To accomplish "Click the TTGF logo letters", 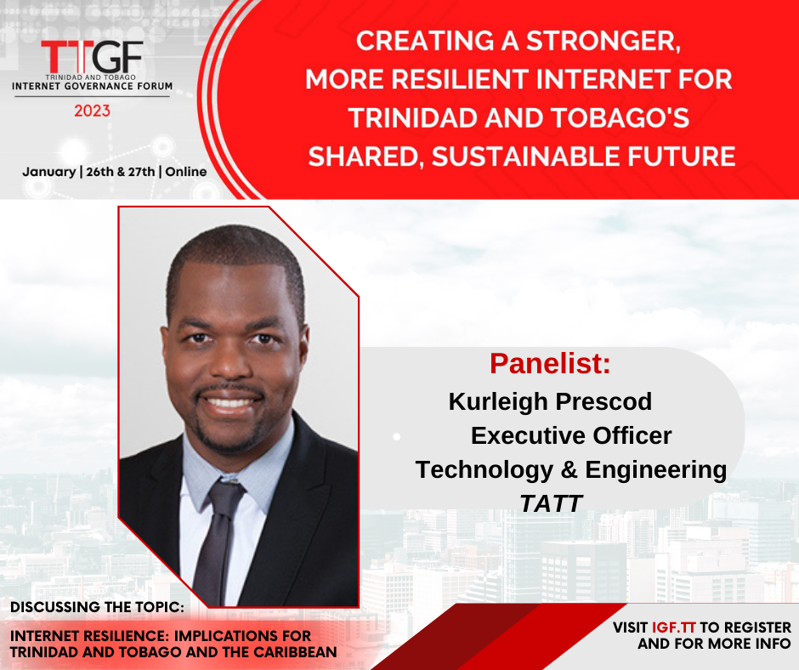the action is click(92, 57).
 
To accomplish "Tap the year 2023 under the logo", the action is click(93, 111).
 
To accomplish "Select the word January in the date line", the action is click(49, 172).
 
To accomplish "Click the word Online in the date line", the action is click(186, 172).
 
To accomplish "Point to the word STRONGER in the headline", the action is click(603, 41).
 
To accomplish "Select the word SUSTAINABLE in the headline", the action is click(526, 156).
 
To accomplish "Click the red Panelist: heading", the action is click(550, 363).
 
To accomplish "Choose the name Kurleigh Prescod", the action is click(550, 401).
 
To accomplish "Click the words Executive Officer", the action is click(571, 435).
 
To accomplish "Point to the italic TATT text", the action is click(550, 503).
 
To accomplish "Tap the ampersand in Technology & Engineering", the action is click(569, 469).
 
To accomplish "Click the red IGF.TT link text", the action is click(674, 627).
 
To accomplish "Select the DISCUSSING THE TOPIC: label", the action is click(98, 607).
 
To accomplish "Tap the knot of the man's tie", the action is click(227, 490).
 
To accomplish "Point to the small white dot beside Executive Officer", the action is click(396, 436).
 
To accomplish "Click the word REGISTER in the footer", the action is click(757, 627).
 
